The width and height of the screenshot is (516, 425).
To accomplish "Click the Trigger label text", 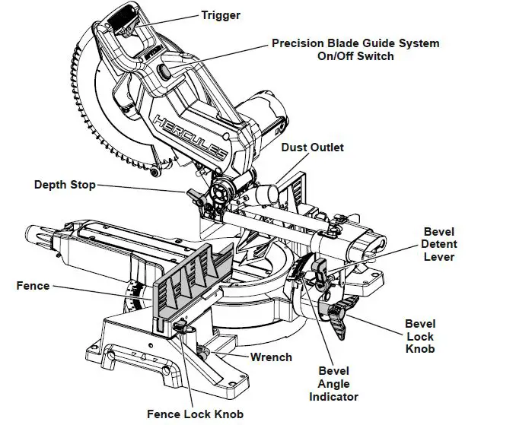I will [x=221, y=14].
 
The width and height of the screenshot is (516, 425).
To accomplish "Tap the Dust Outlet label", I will [x=312, y=147].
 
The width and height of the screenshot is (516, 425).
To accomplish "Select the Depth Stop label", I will [x=65, y=185].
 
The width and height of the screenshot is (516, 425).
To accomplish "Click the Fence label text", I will [x=33, y=286].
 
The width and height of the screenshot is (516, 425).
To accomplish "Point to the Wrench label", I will [x=271, y=357].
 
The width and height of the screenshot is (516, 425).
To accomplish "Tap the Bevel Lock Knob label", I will [x=419, y=335].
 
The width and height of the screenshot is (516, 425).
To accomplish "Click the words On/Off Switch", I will [x=355, y=57].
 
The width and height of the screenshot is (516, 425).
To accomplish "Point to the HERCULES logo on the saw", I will [x=189, y=135].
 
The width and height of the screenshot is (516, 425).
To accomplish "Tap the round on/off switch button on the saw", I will [x=164, y=71].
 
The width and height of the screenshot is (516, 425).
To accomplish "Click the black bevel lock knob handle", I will [x=339, y=306].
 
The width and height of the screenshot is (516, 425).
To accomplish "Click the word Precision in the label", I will [x=299, y=43].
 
